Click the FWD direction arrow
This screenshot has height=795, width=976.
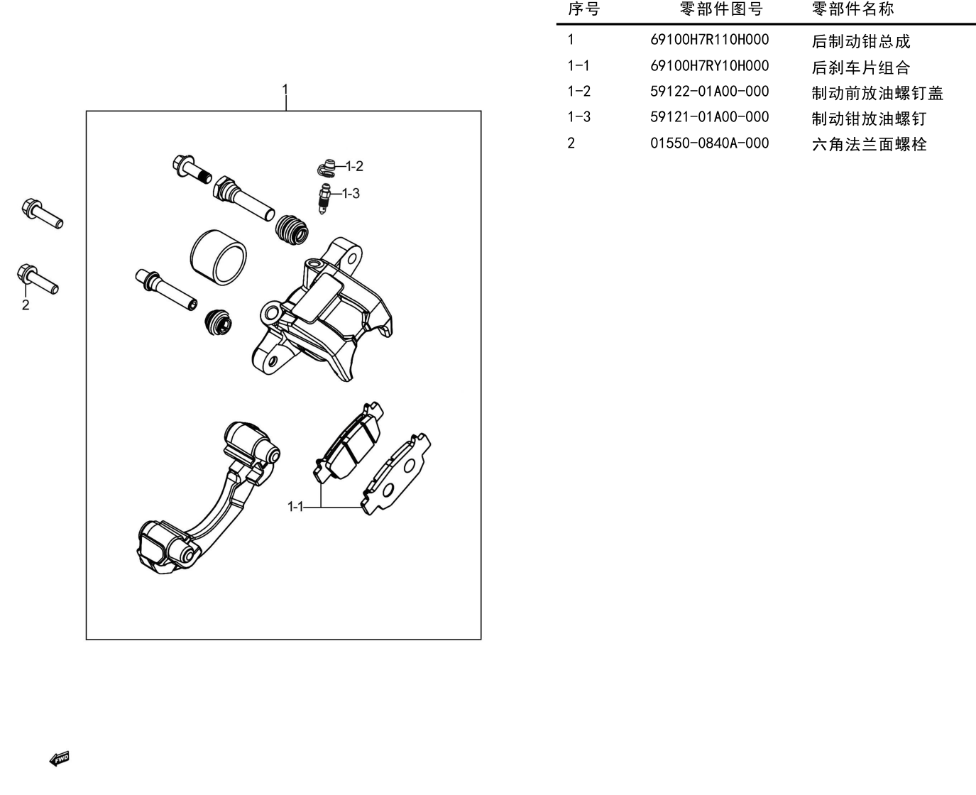(59, 759)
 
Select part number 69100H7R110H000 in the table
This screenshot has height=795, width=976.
(709, 40)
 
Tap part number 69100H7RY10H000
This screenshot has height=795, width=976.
(709, 66)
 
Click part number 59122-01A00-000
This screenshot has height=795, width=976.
(709, 92)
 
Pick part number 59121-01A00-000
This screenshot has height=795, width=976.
(709, 117)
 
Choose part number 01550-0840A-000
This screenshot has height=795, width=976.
(709, 143)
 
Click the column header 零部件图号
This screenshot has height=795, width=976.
(721, 9)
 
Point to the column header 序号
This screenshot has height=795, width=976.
(583, 9)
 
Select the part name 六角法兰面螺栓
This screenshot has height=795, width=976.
(870, 144)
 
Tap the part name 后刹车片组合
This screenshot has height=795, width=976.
(861, 67)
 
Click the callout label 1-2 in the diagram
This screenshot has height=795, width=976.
(354, 166)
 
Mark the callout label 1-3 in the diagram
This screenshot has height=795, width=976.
(351, 194)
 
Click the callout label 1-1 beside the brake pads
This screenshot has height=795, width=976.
(295, 507)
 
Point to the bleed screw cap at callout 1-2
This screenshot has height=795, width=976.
(327, 168)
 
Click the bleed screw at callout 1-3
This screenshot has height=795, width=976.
(324, 199)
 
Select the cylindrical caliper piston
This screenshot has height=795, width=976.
(219, 258)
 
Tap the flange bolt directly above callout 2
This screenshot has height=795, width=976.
(37, 278)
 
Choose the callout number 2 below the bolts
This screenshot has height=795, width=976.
(26, 305)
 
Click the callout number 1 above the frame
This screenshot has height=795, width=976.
(285, 89)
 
